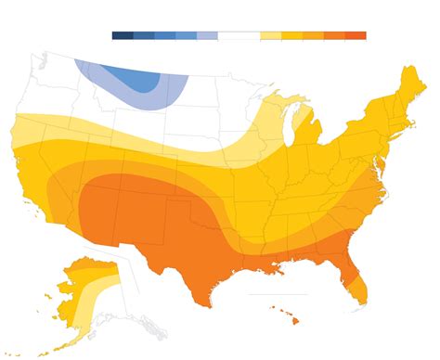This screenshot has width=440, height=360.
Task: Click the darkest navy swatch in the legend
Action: (123, 35)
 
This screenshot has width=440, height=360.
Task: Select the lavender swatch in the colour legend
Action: (207, 35)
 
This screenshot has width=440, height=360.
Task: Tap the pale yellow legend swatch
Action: (270, 35)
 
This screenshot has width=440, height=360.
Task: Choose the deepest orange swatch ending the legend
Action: (356, 35)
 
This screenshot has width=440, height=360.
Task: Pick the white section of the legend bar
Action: (239, 35)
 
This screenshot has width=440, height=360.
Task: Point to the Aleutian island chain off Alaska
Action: (37, 343)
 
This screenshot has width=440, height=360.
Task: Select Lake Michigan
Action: (290, 129)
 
